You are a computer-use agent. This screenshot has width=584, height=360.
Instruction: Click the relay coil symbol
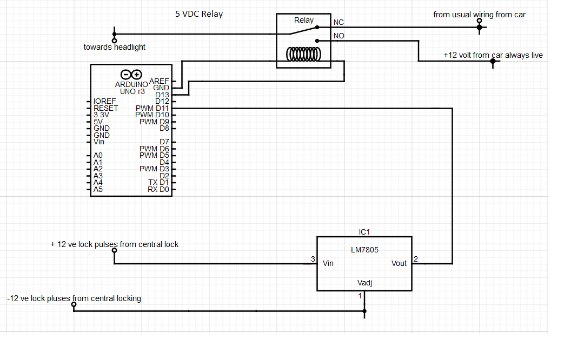[x=303, y=55]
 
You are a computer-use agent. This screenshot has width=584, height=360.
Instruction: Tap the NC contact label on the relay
[x=339, y=22]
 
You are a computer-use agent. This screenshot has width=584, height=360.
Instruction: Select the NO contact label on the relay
[x=339, y=36]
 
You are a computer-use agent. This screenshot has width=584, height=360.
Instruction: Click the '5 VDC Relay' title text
[x=199, y=14]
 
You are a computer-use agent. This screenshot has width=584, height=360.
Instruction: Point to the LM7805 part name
[x=364, y=250]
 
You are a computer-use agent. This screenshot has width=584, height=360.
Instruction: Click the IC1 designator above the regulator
[x=364, y=232]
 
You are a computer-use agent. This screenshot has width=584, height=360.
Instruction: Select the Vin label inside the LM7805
[x=328, y=263]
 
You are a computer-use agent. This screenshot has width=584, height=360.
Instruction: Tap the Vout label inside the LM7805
[x=399, y=263]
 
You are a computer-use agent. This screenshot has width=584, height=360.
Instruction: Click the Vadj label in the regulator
[x=364, y=283]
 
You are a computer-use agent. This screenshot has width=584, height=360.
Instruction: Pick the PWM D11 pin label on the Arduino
[x=152, y=108]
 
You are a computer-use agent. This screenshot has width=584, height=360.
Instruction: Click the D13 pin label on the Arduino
[x=162, y=95]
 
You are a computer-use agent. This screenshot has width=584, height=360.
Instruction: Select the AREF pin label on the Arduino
[x=159, y=81]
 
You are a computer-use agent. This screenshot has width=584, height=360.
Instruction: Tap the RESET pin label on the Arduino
[x=106, y=108]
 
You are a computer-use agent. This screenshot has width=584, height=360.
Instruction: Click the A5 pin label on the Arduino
[x=98, y=189]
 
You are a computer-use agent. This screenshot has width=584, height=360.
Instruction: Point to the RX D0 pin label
[x=158, y=189]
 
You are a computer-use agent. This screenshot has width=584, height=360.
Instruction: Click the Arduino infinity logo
[x=131, y=75]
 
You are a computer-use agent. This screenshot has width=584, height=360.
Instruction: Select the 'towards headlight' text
[x=114, y=47]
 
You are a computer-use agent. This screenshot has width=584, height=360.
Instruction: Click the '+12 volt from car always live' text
[x=493, y=55]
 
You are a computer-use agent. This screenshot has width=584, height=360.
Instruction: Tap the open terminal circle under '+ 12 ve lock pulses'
[x=114, y=250]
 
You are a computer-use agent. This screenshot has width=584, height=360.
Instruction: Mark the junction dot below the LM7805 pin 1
[x=364, y=311]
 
